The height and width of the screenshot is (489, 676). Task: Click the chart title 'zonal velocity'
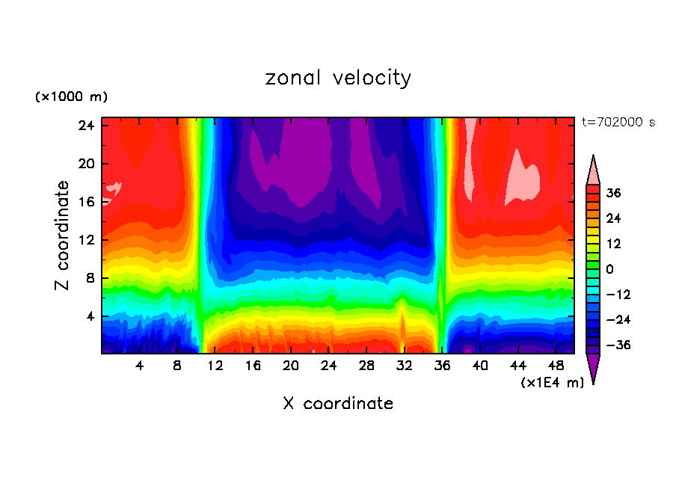click(x=338, y=78)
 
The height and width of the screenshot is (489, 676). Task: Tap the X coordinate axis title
click(x=338, y=404)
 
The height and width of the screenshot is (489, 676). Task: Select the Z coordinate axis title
click(x=63, y=236)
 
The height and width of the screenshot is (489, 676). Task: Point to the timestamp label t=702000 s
click(x=618, y=122)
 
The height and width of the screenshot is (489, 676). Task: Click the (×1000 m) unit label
click(x=71, y=97)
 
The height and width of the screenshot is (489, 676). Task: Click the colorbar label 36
click(x=613, y=193)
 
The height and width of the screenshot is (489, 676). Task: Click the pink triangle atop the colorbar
click(x=593, y=170)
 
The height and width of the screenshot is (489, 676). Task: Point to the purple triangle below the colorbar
click(x=593, y=367)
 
